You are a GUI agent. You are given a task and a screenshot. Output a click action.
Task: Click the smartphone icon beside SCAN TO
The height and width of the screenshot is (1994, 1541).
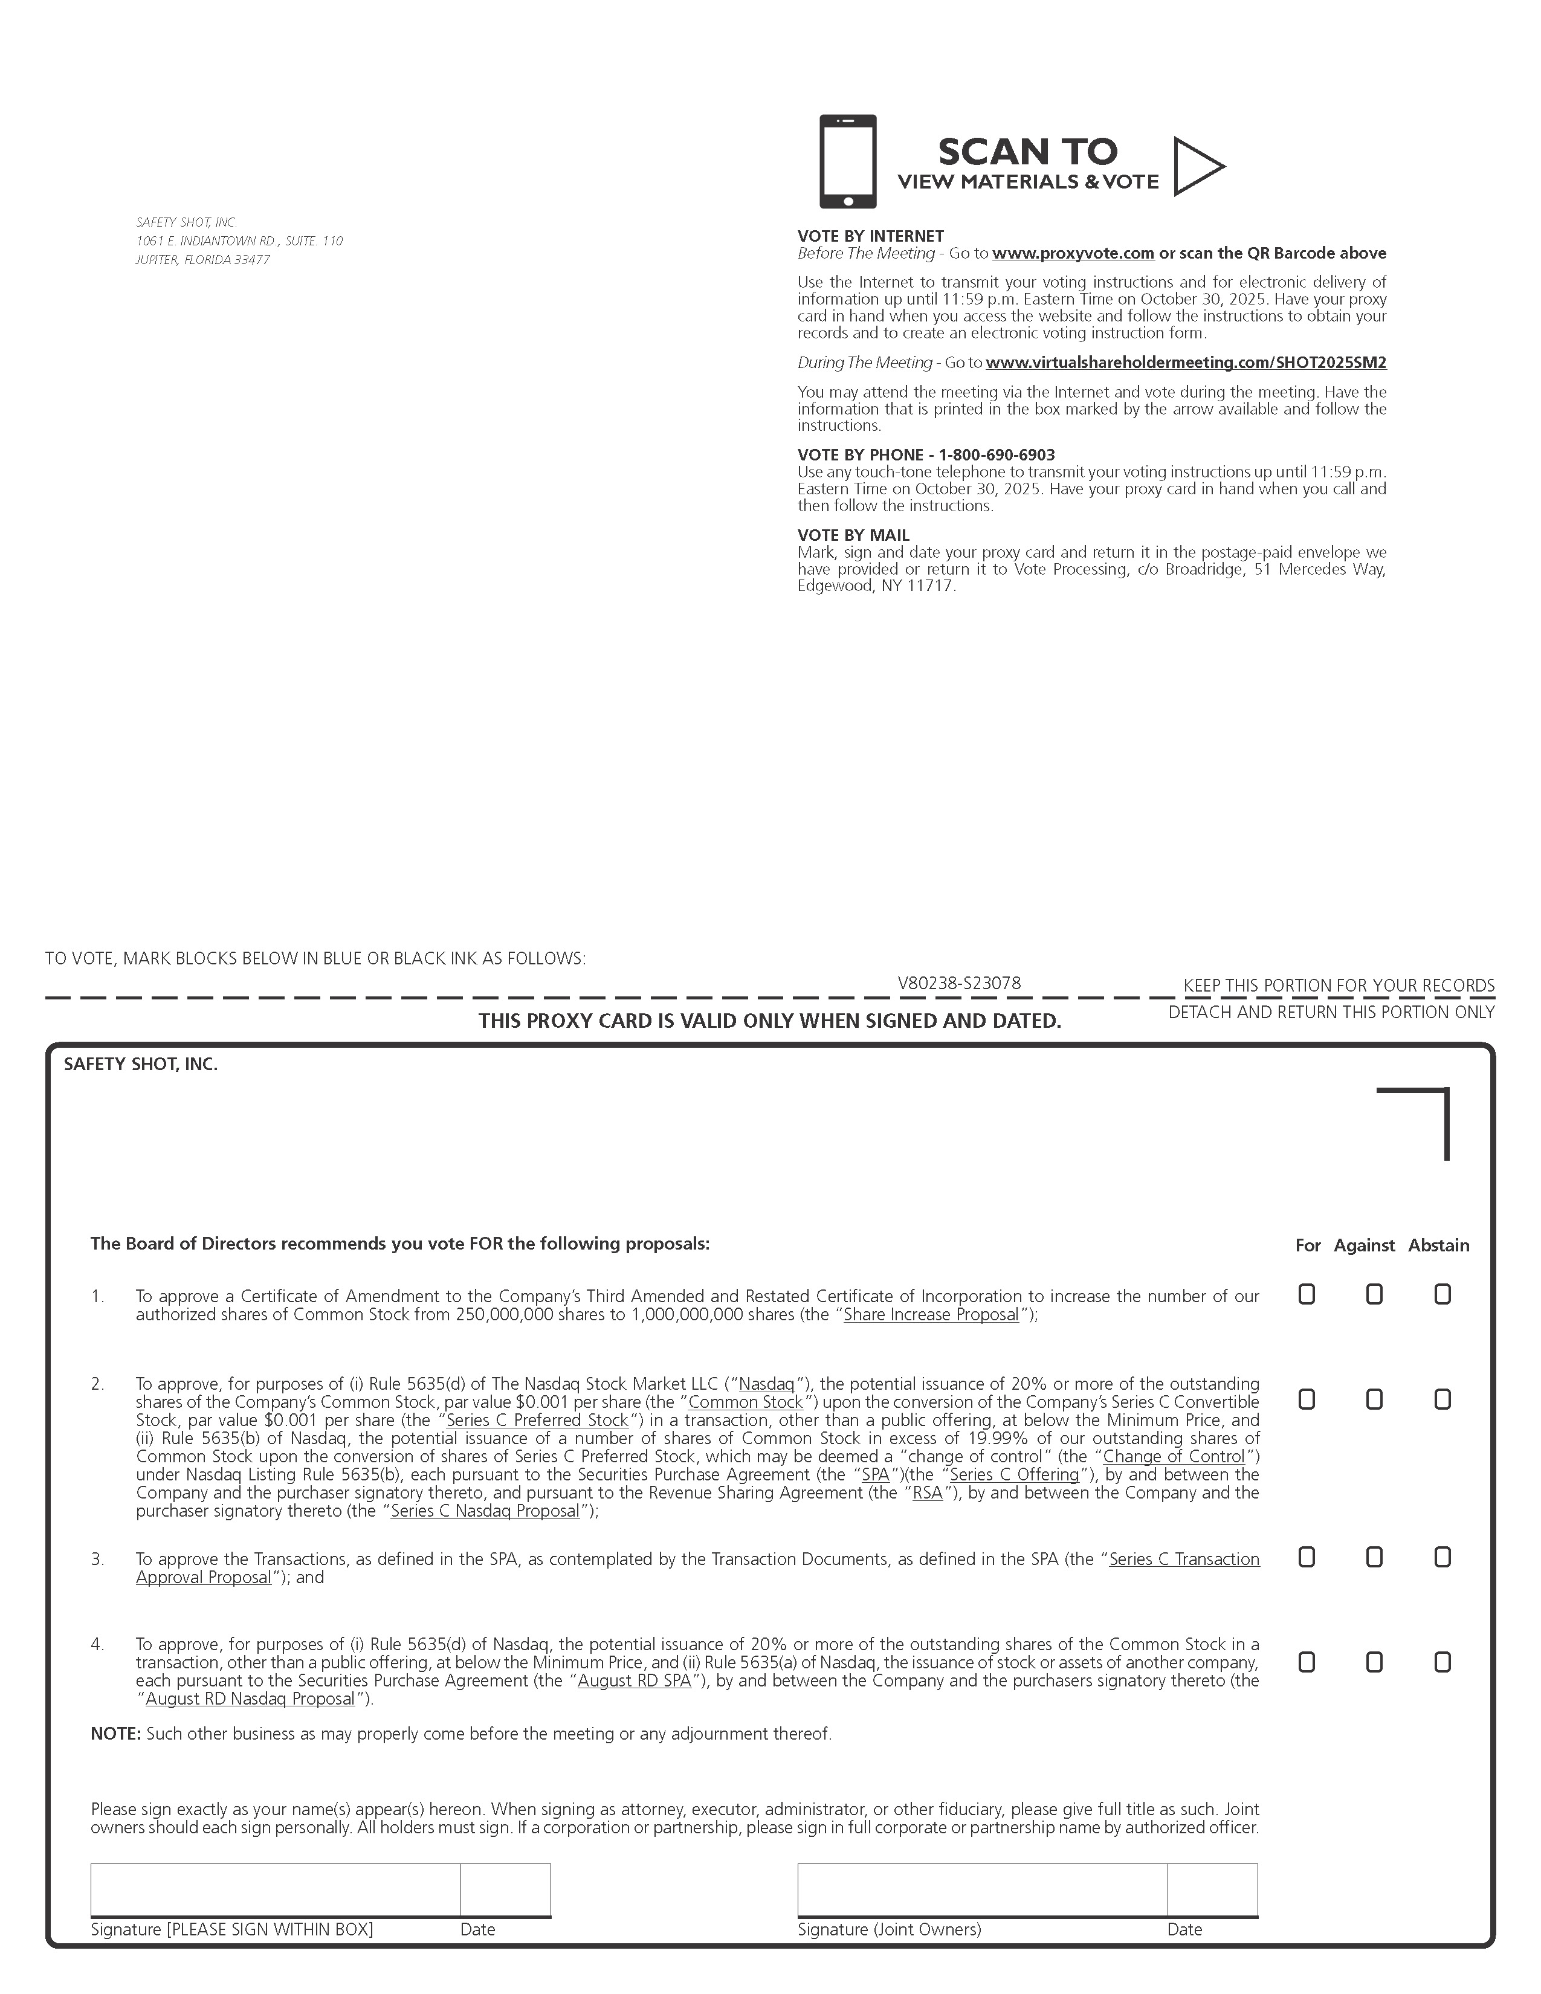847,161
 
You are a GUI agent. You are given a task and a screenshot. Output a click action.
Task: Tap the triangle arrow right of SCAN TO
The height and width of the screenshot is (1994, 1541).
1196,166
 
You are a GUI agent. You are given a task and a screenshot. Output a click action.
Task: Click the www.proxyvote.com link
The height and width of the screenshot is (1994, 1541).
1073,253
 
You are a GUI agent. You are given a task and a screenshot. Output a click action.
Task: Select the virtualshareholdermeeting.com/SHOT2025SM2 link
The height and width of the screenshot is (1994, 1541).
1185,363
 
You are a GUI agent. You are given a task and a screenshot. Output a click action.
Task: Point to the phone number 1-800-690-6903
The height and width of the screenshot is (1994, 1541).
997,454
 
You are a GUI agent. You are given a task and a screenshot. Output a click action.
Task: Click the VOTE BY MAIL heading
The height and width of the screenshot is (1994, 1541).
853,535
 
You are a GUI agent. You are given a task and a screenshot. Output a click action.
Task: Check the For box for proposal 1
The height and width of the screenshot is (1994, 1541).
1307,1295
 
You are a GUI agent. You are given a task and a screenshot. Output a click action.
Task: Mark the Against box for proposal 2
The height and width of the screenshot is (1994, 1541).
1374,1399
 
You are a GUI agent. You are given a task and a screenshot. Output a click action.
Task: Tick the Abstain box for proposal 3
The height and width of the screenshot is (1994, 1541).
1442,1557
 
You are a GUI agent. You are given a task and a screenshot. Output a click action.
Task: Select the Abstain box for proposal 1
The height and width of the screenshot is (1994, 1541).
1442,1295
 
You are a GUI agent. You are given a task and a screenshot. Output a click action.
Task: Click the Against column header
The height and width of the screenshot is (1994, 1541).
1364,1245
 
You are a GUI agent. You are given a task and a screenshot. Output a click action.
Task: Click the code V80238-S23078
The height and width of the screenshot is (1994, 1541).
958,983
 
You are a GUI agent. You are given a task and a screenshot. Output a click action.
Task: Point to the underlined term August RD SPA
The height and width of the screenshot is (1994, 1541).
635,1681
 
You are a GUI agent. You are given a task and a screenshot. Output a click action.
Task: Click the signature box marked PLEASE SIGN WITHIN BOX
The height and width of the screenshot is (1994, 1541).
275,1889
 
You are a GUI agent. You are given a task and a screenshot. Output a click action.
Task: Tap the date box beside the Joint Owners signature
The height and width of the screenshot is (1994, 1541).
1212,1889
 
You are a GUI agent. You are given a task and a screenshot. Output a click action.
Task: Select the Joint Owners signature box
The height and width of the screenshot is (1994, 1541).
981,1889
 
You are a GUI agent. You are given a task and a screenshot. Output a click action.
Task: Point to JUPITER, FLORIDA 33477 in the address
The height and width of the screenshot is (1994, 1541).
202,259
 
